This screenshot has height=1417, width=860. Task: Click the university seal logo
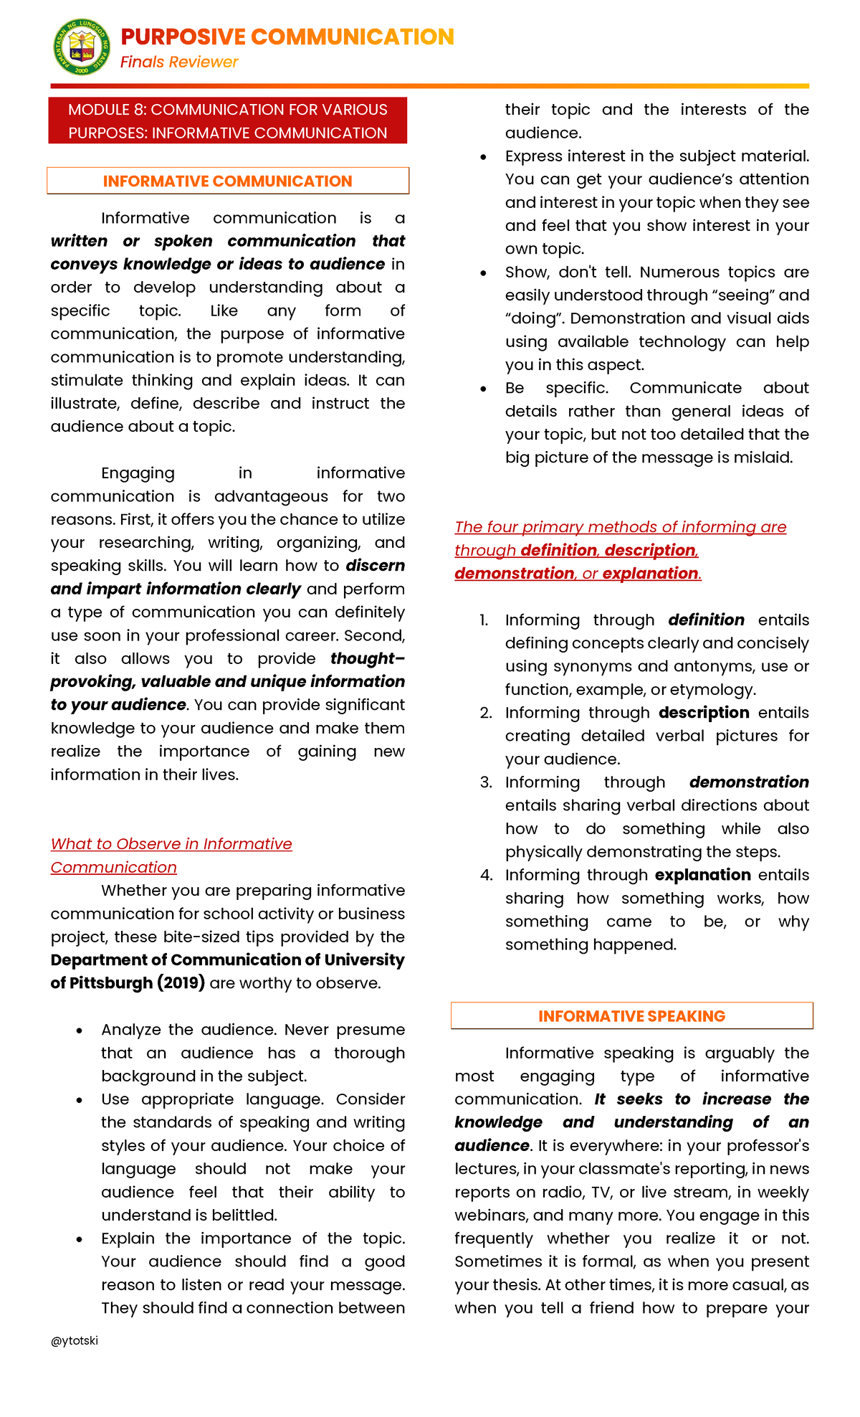pyautogui.click(x=82, y=47)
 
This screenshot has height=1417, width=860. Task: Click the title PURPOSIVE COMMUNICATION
pyautogui.click(x=287, y=37)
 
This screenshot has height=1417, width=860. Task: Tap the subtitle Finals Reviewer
pyautogui.click(x=179, y=62)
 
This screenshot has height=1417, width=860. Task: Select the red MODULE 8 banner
pyautogui.click(x=228, y=120)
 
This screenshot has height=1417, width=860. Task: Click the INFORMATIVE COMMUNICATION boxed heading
pyautogui.click(x=228, y=181)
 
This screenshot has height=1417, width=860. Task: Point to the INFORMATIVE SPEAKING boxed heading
pyautogui.click(x=631, y=1015)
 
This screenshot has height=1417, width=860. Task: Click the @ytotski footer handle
pyautogui.click(x=75, y=1340)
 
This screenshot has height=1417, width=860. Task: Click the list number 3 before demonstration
pyautogui.click(x=486, y=782)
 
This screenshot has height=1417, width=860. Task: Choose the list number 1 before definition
pyautogui.click(x=484, y=620)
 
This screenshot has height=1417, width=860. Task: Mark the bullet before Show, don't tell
pyautogui.click(x=484, y=273)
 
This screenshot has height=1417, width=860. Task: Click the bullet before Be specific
pyautogui.click(x=484, y=389)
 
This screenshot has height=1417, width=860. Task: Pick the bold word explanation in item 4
pyautogui.click(x=702, y=875)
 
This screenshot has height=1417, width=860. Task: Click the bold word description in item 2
pyautogui.click(x=704, y=712)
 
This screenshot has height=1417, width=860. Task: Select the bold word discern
pyautogui.click(x=375, y=565)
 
